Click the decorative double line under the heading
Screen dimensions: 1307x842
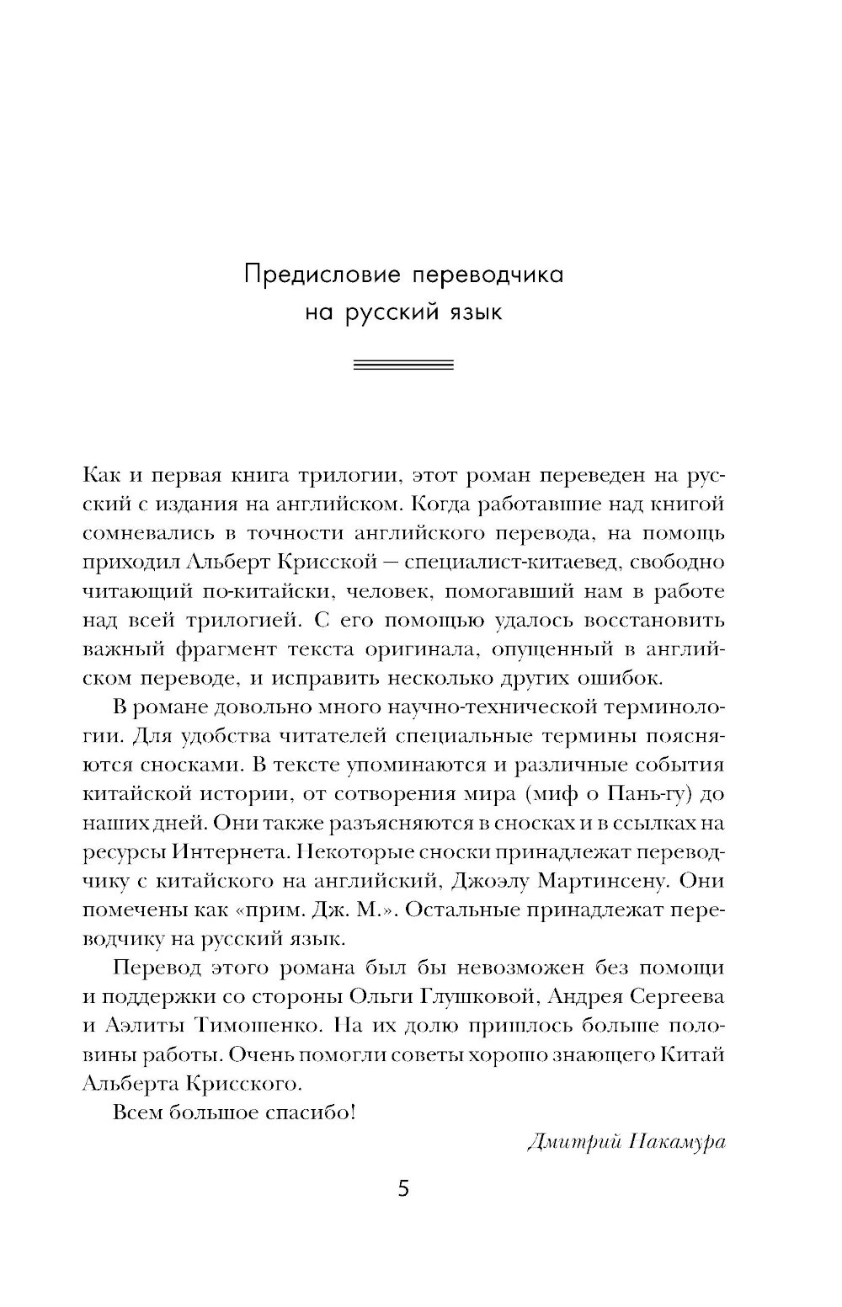pyautogui.click(x=403, y=365)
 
